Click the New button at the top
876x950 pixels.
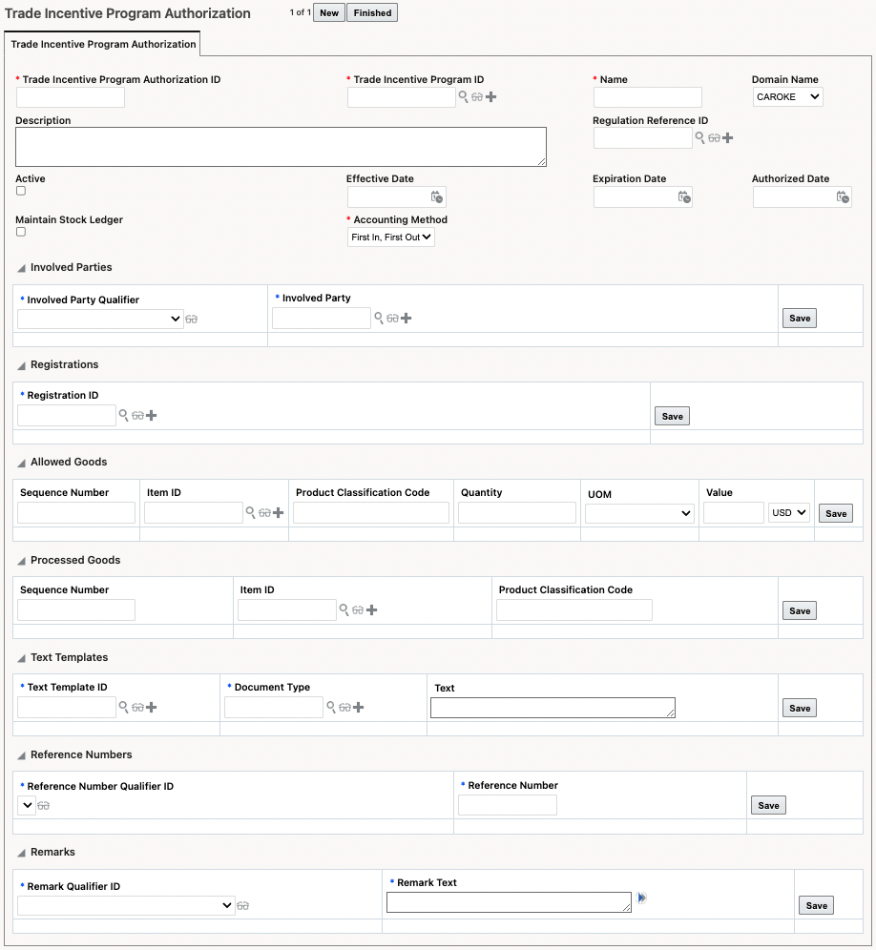pyautogui.click(x=329, y=13)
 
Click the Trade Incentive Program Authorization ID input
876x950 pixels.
pyautogui.click(x=71, y=97)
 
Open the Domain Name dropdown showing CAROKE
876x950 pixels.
pyautogui.click(x=787, y=96)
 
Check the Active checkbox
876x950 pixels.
pyautogui.click(x=21, y=191)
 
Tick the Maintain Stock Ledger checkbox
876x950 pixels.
pyautogui.click(x=21, y=232)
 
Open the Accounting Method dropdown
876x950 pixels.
pyautogui.click(x=391, y=237)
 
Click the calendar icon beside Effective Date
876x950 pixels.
pyautogui.click(x=436, y=197)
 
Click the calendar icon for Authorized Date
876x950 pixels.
pyautogui.click(x=842, y=197)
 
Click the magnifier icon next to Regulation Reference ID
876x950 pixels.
pyautogui.click(x=699, y=138)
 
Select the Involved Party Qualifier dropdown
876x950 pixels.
pyautogui.click(x=100, y=320)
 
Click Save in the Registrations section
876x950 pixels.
pyautogui.click(x=673, y=416)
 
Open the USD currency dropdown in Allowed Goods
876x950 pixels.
pyautogui.click(x=789, y=513)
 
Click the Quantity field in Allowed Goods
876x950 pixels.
pyautogui.click(x=516, y=513)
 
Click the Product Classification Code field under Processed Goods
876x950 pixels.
pyautogui.click(x=574, y=610)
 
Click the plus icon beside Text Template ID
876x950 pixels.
pyautogui.click(x=151, y=708)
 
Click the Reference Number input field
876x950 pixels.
pyautogui.click(x=507, y=805)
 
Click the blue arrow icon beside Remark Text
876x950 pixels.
pyautogui.click(x=642, y=898)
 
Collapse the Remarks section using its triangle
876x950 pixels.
pyautogui.click(x=21, y=853)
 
